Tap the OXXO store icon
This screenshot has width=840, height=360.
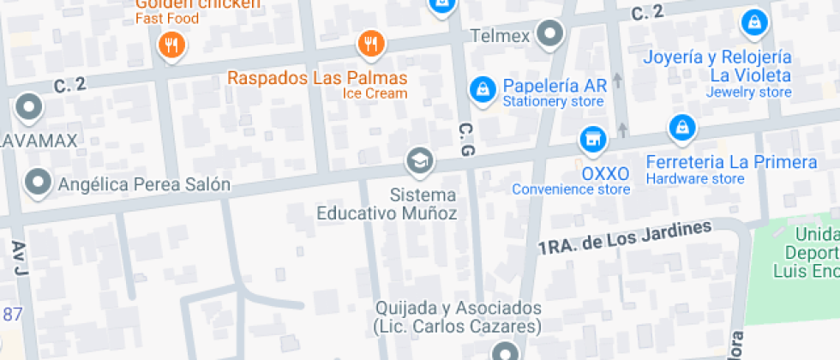pyautogui.click(x=590, y=136)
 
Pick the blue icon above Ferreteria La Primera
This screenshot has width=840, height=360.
pyautogui.click(x=681, y=128)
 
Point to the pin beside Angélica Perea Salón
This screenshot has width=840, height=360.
pyautogui.click(x=37, y=182)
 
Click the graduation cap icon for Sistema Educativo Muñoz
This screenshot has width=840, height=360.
pyautogui.click(x=419, y=160)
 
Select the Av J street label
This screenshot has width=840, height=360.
pyautogui.click(x=20, y=259)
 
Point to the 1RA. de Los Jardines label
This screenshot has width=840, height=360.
pyautogui.click(x=626, y=237)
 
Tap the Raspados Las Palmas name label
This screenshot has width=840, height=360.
pyautogui.click(x=317, y=78)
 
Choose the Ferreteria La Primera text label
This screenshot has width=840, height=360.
pyautogui.click(x=731, y=162)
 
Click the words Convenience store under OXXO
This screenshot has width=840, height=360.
pyautogui.click(x=571, y=189)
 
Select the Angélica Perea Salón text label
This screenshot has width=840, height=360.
pyautogui.click(x=144, y=183)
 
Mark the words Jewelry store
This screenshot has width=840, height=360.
pyautogui.click(x=749, y=92)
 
